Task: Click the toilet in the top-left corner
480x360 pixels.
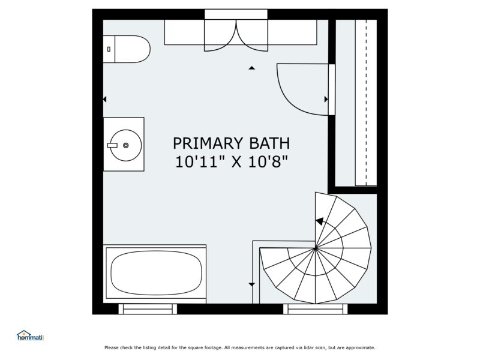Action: pos(127,49)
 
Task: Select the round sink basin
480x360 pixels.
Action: pos(125,145)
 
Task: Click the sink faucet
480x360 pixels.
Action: pos(113,145)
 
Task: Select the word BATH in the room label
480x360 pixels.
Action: pos(268,143)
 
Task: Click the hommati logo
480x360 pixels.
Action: pos(30,336)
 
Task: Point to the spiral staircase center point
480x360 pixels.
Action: pos(316,248)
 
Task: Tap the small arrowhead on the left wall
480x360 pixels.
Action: pos(105,99)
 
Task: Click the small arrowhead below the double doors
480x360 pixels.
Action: pos(252,68)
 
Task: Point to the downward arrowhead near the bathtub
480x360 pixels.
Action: pos(252,284)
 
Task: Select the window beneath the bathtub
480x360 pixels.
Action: pos(148,309)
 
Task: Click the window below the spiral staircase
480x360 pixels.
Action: pos(316,309)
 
